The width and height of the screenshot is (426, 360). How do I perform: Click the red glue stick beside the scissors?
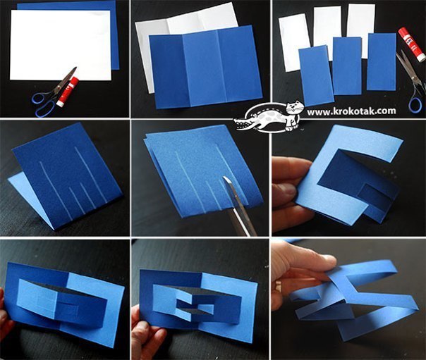[x=68, y=92]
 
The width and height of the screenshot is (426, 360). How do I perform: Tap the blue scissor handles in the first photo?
[x=44, y=104]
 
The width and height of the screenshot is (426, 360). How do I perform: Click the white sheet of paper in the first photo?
[x=61, y=45]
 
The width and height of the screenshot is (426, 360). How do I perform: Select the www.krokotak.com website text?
[x=351, y=111]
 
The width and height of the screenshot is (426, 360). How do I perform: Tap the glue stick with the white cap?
[x=412, y=44]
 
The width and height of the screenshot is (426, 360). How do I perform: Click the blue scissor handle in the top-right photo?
[x=415, y=105]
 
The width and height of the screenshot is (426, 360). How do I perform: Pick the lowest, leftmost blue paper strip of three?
[x=316, y=77]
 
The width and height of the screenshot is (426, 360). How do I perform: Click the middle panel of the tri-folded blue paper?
[x=200, y=68]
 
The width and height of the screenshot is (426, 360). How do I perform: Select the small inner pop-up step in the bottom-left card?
[x=67, y=308]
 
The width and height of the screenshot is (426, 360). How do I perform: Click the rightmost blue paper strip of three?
[x=382, y=62]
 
